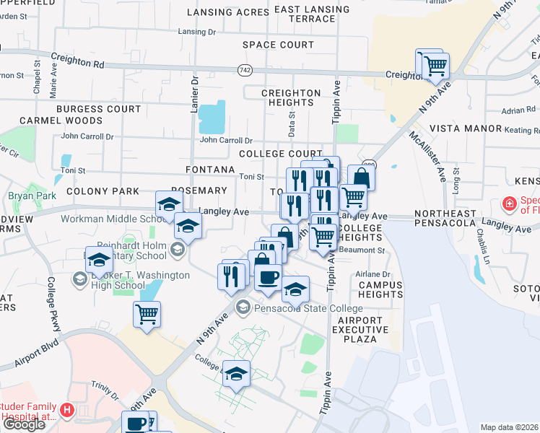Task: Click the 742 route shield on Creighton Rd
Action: tap(244, 69)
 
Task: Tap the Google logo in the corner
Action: tap(24, 424)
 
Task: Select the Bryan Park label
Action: tap(26, 196)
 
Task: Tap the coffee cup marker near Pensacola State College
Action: tap(269, 277)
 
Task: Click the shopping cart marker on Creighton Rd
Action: tap(435, 66)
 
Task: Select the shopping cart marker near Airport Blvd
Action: tap(147, 314)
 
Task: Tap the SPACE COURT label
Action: tap(278, 45)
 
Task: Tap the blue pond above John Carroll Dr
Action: tap(212, 115)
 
